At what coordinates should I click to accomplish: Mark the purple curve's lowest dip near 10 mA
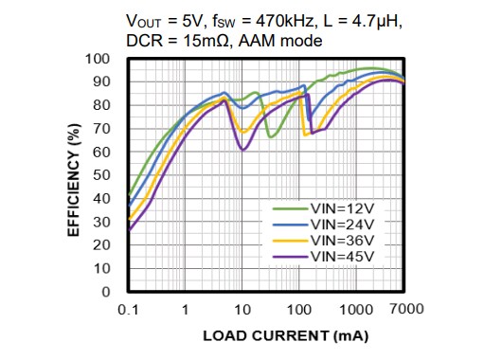pyautogui.click(x=243, y=150)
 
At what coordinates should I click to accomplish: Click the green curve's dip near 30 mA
pyautogui.click(x=271, y=136)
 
